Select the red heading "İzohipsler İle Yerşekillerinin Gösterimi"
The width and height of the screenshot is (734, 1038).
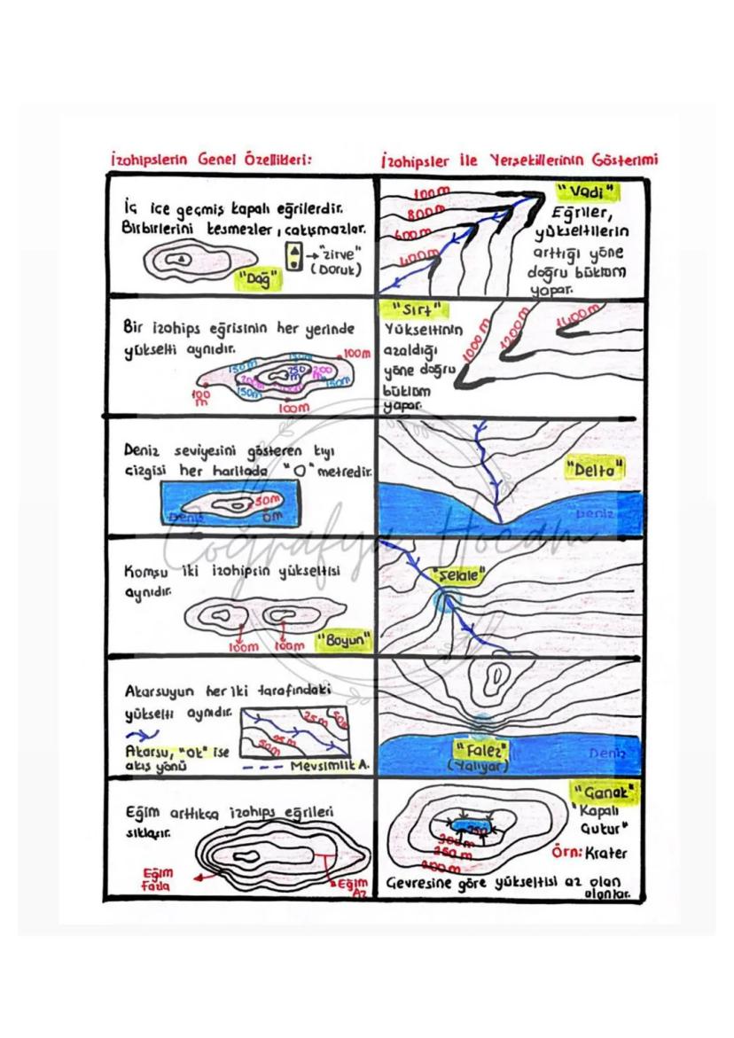[519, 160]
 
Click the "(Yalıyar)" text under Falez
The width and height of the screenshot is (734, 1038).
[479, 763]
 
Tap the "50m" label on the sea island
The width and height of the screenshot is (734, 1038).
[268, 499]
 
